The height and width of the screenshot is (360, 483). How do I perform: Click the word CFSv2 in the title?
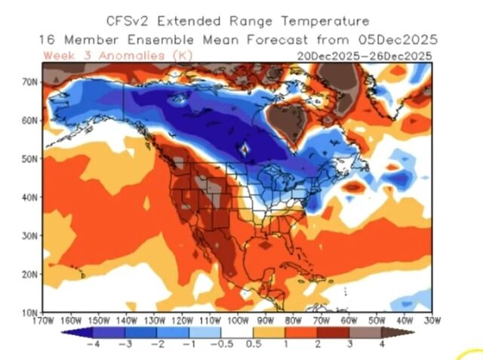coord(134,21)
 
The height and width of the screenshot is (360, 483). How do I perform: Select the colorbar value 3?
coord(349,344)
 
